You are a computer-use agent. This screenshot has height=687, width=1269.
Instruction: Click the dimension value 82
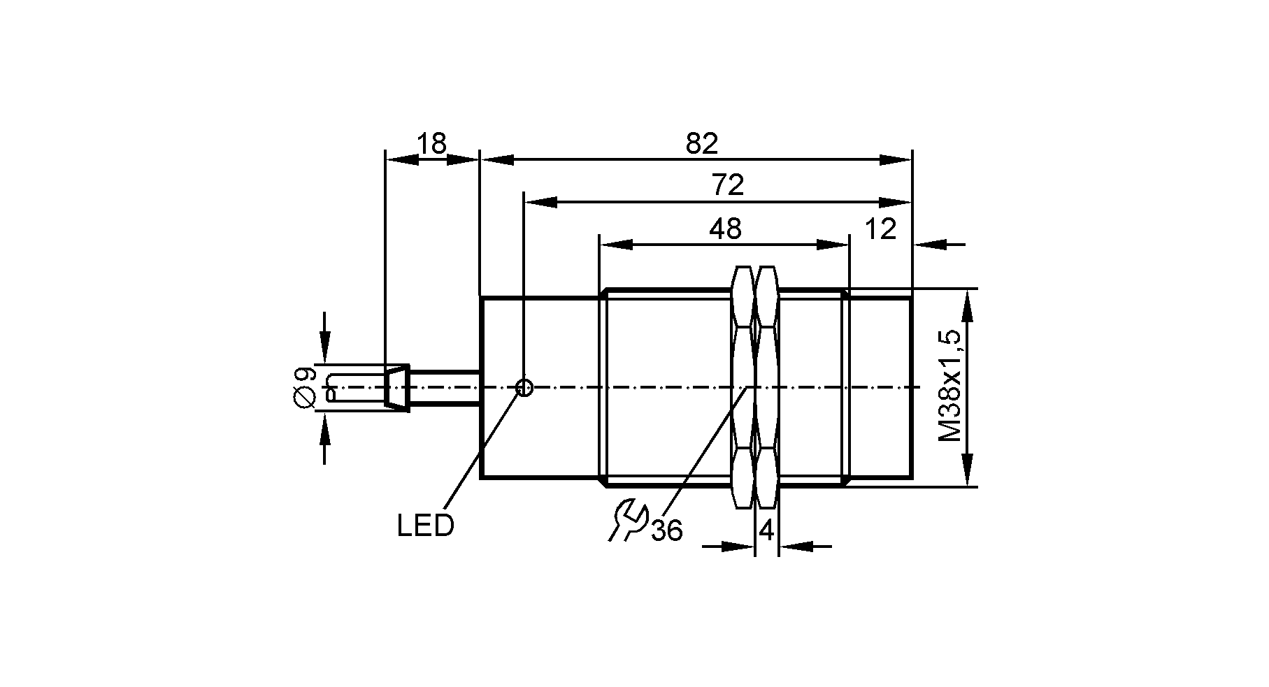[x=702, y=144]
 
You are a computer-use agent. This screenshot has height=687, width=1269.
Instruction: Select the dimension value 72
[x=727, y=186]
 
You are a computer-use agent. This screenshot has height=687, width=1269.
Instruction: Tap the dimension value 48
[x=725, y=229]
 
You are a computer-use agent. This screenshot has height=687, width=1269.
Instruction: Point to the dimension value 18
[x=431, y=144]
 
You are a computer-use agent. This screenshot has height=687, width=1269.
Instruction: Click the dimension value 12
[x=881, y=229]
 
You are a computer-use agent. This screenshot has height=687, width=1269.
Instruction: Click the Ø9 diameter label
[x=306, y=386]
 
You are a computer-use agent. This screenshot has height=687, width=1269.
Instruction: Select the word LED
[x=425, y=526]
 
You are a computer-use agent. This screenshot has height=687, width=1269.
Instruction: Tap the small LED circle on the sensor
[x=524, y=387]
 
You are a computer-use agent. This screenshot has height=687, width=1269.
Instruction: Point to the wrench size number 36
[x=666, y=531]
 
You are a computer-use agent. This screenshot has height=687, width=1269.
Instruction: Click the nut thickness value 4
[x=766, y=531]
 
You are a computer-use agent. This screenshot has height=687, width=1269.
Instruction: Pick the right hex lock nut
[x=767, y=387]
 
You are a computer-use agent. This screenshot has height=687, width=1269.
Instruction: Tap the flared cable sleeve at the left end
[x=396, y=387]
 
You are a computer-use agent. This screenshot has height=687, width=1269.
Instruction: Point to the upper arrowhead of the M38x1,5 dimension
[x=967, y=305]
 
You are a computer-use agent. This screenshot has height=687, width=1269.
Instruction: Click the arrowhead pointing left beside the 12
[x=929, y=245]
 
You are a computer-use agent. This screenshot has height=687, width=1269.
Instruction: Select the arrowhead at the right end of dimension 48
[x=833, y=245]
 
